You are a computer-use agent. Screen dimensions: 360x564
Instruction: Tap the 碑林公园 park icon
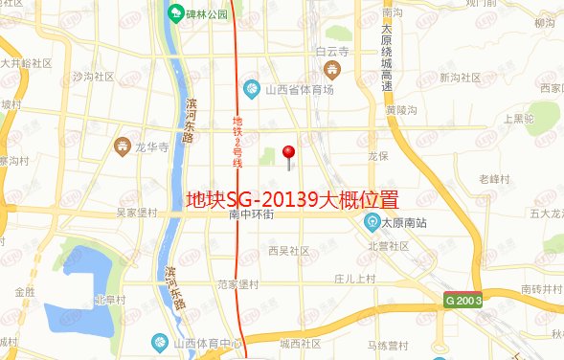click(175, 14)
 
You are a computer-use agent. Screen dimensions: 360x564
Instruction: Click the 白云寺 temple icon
click(330, 69)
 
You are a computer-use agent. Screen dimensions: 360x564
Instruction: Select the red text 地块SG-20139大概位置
click(291, 200)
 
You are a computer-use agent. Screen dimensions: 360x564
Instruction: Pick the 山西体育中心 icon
click(160, 342)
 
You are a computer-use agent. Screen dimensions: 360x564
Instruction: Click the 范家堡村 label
click(238, 284)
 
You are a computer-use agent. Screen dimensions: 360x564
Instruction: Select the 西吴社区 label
click(288, 250)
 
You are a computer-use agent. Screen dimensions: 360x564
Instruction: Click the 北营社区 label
click(389, 246)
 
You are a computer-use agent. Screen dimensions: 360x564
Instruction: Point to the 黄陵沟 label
click(401, 110)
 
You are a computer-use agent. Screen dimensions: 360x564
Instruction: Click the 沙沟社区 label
click(93, 77)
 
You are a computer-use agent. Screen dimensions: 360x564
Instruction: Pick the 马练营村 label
click(389, 345)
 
